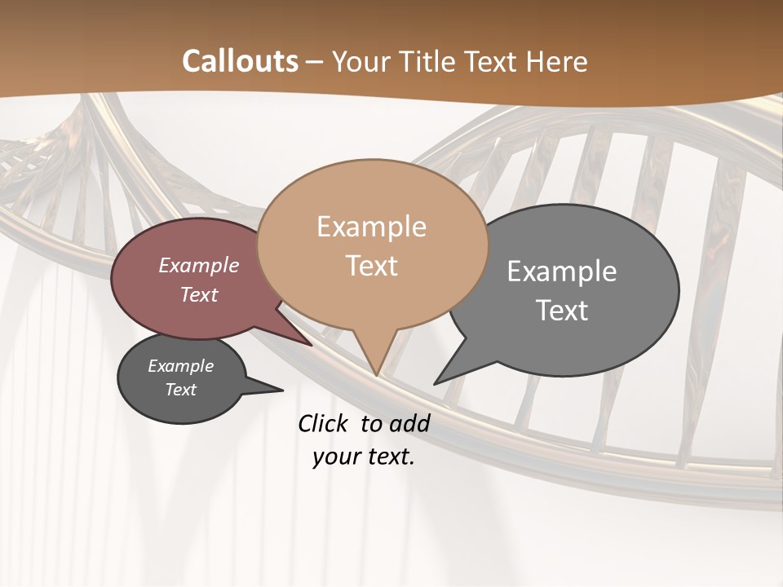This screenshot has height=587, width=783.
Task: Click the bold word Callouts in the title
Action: tap(240, 61)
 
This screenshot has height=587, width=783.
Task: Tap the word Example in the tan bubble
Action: tap(371, 227)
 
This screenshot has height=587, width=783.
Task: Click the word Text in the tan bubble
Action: tap(371, 266)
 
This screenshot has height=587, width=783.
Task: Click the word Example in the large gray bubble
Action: tap(561, 271)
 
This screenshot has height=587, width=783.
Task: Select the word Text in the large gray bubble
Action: tap(562, 311)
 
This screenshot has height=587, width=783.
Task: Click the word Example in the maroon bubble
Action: tap(198, 265)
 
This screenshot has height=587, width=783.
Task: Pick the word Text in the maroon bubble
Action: tap(198, 294)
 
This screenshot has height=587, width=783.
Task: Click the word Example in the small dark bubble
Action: tap(180, 366)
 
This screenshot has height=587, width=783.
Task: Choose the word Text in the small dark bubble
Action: tap(180, 390)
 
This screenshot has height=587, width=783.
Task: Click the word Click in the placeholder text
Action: tap(324, 423)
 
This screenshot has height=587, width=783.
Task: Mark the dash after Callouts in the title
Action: tap(315, 62)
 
